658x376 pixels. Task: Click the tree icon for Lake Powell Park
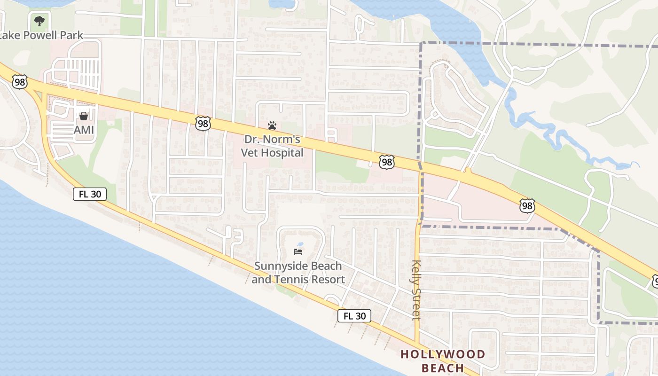(39, 21)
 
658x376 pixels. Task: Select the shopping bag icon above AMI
(84, 116)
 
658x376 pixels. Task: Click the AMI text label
(84, 129)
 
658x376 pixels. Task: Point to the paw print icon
(272, 125)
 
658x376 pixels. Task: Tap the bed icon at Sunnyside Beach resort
(298, 252)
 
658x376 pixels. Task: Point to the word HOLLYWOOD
(442, 354)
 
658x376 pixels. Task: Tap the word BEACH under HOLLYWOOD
(442, 368)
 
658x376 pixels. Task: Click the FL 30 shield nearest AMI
(89, 194)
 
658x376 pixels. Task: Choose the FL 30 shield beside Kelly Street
(354, 316)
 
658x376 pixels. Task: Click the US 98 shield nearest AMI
(20, 82)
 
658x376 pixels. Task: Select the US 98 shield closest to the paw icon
(203, 124)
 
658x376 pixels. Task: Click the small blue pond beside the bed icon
(300, 244)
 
